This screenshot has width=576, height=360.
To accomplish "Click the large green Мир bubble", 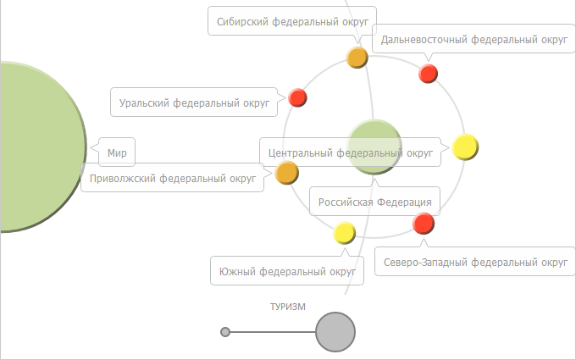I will point(34,146).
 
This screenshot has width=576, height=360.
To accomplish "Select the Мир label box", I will point(117,154).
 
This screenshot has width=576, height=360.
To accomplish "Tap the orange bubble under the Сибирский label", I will point(357,58).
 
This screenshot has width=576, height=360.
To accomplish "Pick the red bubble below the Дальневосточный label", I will point(429,74).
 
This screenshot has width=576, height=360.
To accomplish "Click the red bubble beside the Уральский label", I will point(297,97).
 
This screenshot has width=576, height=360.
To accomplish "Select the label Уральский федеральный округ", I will point(194,102).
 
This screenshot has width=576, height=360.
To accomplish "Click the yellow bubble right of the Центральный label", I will point(465,147).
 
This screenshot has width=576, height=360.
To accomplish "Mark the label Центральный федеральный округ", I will point(350,153).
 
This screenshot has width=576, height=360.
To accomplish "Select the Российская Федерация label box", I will point(374,202).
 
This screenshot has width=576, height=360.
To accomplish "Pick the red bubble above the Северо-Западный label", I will point(424,224).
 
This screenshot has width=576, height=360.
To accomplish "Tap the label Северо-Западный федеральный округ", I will point(474,263).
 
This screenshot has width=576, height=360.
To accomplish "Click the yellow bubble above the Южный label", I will point(345,232).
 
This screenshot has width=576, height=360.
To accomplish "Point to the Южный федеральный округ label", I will point(286,271).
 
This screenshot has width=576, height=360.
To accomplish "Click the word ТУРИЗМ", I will point(282,307).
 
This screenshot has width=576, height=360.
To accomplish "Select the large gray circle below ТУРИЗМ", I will point(335,332).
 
